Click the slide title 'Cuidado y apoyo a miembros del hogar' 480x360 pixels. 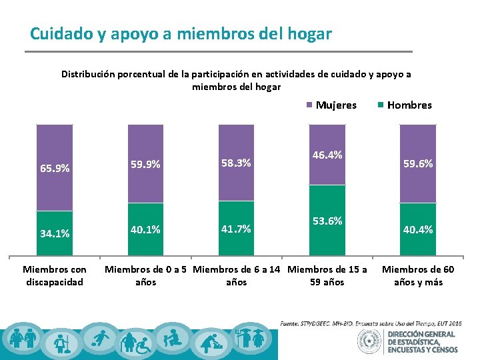[x=181, y=33]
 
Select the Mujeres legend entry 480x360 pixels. [x=331, y=105]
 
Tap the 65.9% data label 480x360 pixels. [x=55, y=169]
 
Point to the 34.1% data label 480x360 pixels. [x=55, y=233]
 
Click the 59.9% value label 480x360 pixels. [x=145, y=163]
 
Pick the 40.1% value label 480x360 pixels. [x=145, y=229]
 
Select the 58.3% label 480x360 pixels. [x=236, y=162]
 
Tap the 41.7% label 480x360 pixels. [x=236, y=229]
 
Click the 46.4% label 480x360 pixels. [x=327, y=155]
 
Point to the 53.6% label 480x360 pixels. [x=327, y=221]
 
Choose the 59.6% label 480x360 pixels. [x=418, y=163]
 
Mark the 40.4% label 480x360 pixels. [x=418, y=229]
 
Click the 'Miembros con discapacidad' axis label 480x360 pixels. [x=55, y=275]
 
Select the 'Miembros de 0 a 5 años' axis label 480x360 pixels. [x=145, y=275]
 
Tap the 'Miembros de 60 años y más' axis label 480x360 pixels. [x=418, y=275]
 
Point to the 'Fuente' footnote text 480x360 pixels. [x=371, y=323]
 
